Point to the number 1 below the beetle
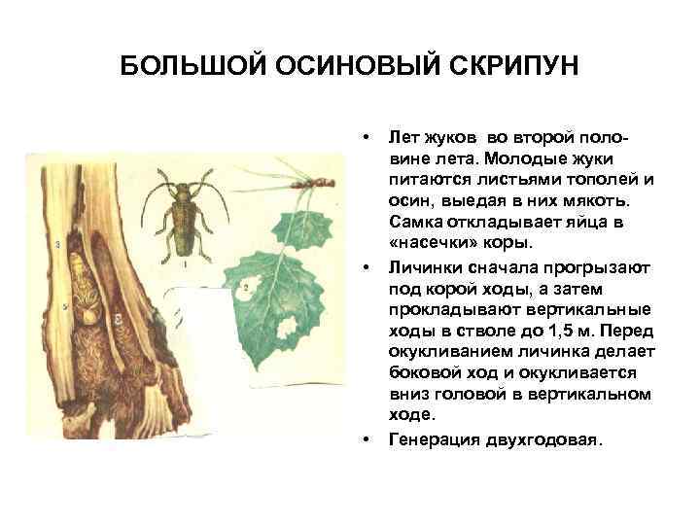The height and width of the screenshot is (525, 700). [x=185, y=262]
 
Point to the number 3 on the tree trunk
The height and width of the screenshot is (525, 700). [x=59, y=243]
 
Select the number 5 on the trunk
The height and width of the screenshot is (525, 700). [x=64, y=306]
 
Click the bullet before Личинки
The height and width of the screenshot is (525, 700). [x=367, y=266]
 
